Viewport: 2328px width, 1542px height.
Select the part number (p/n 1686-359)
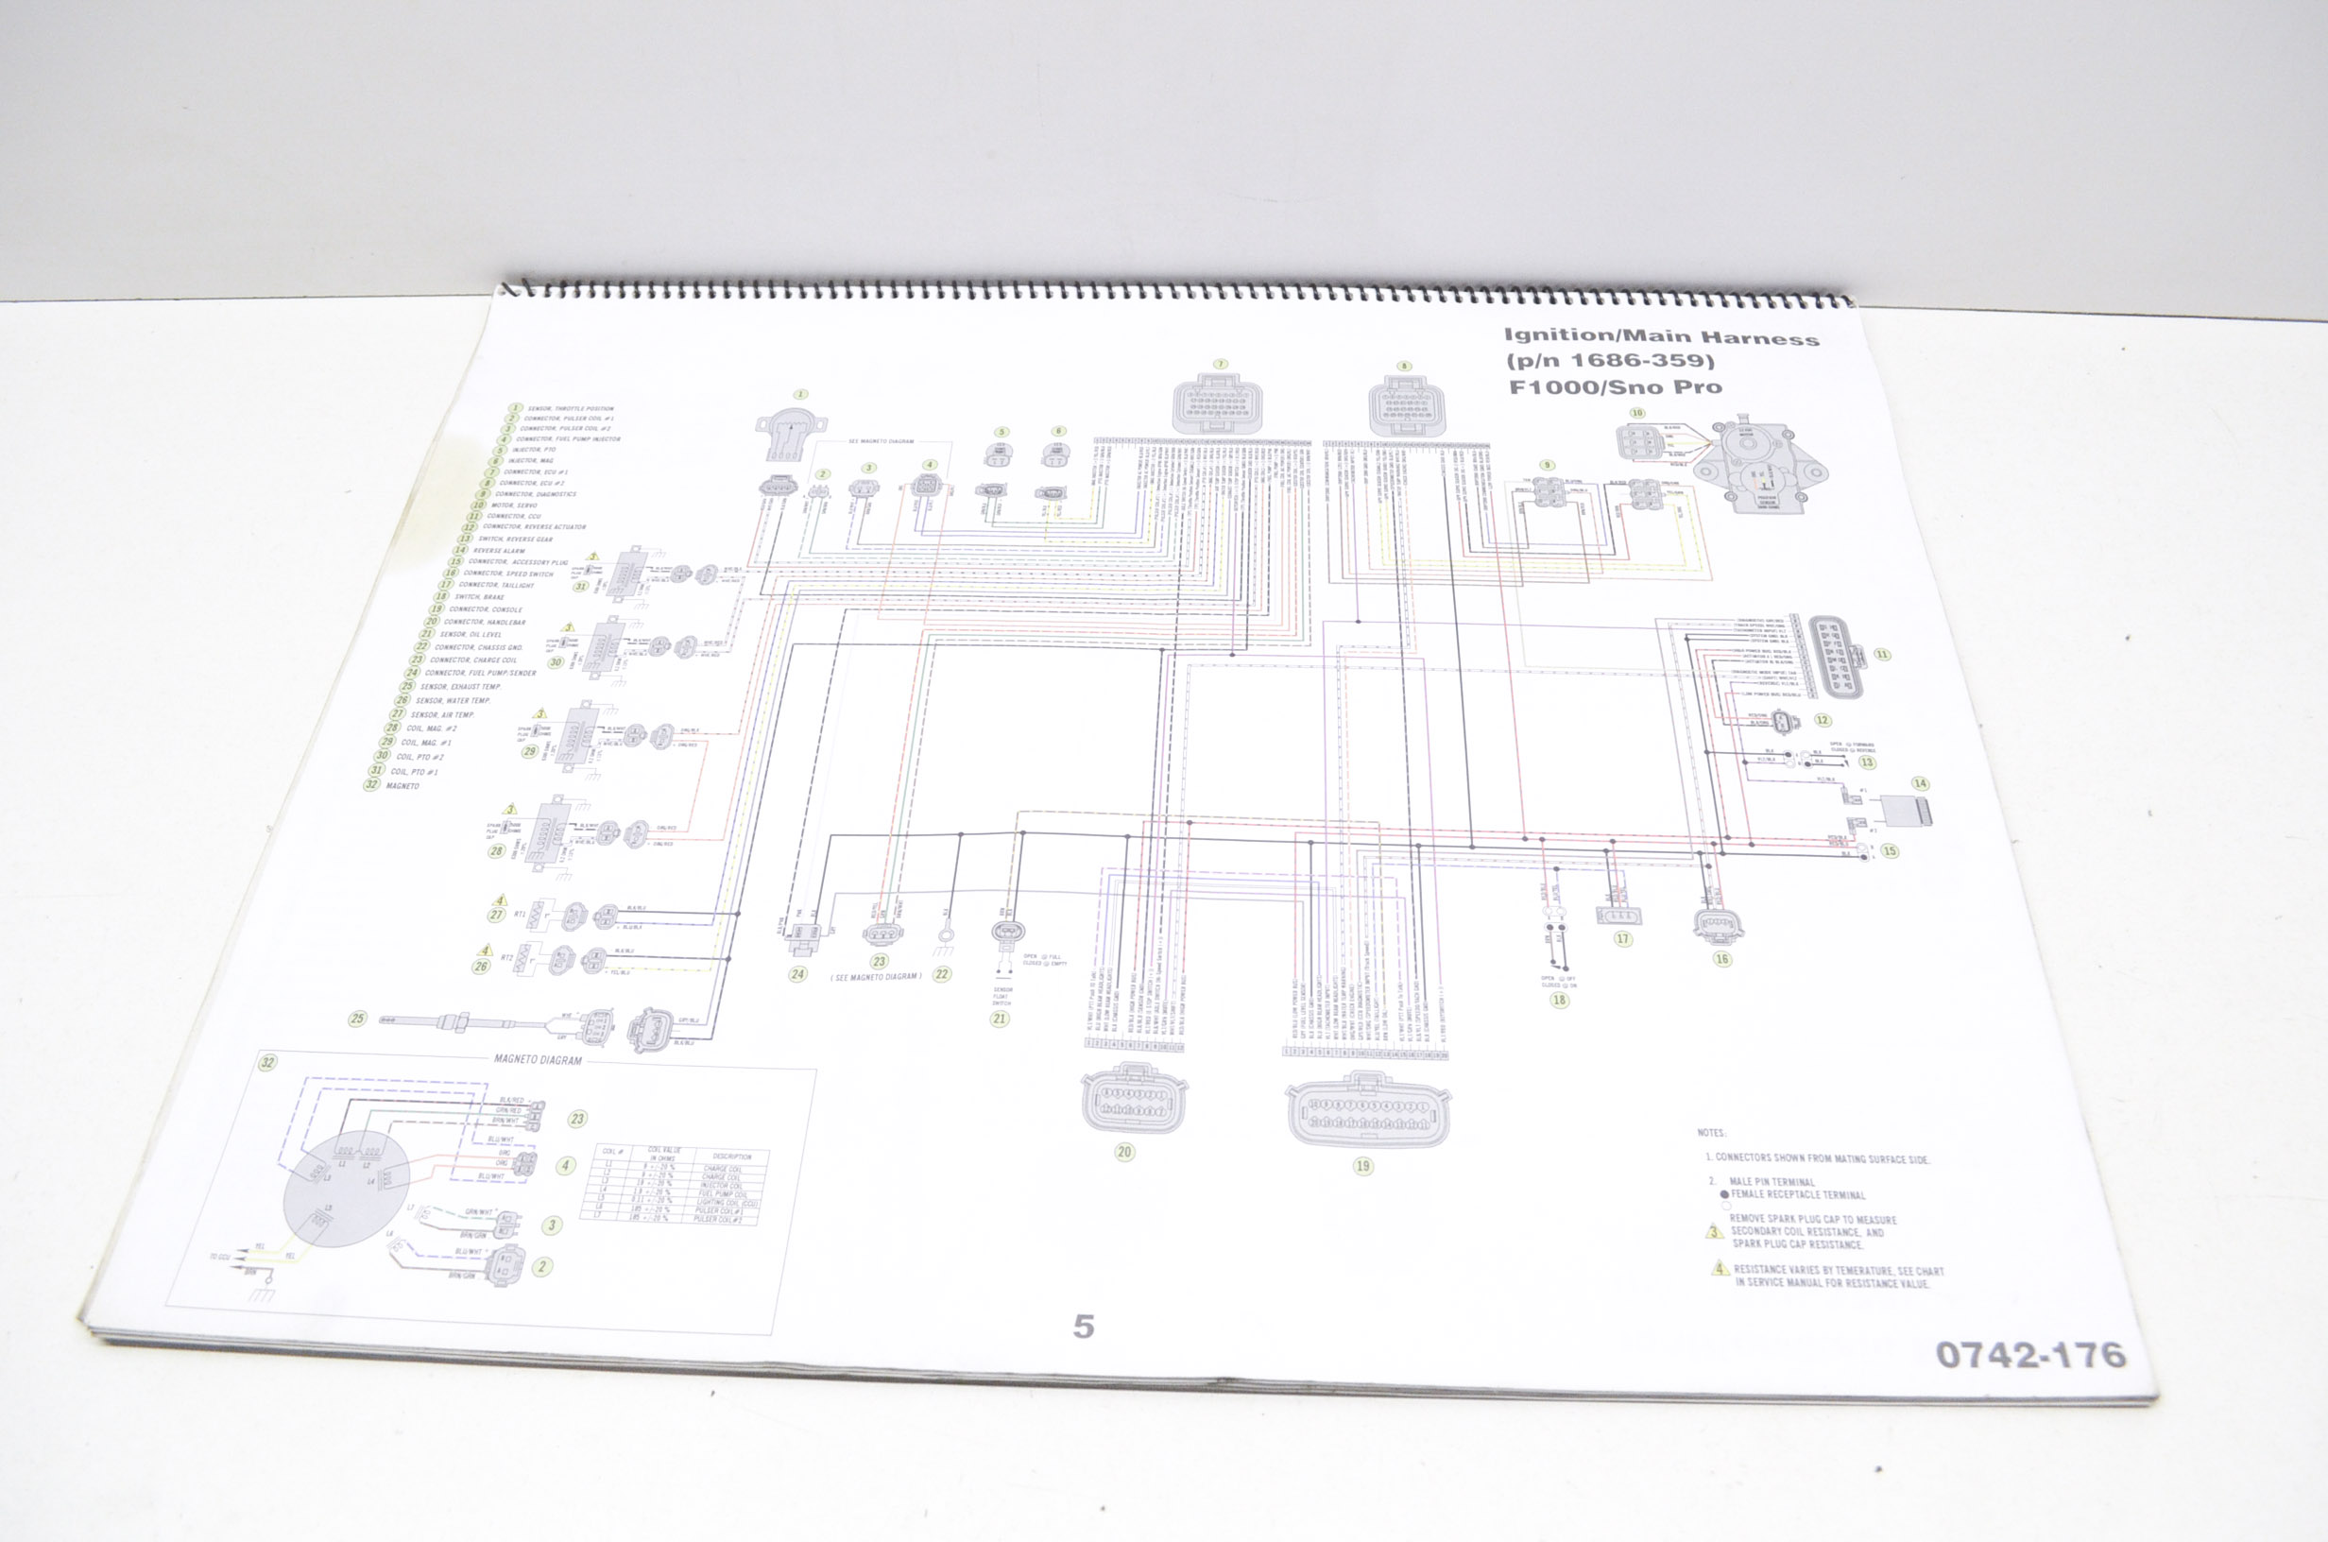pos(1610,361)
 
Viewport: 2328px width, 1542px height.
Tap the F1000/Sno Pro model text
pos(1616,386)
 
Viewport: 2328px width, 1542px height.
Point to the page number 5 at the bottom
pos(1083,1327)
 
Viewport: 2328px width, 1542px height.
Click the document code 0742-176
pos(2030,1355)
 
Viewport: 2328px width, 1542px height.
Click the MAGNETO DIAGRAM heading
pos(538,1060)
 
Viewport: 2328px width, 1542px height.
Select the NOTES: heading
pos(1711,1133)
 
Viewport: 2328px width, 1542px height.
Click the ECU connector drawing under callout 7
pos(1218,404)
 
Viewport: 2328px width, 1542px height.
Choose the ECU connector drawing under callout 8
pos(1406,405)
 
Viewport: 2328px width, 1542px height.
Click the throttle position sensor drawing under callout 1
pos(792,435)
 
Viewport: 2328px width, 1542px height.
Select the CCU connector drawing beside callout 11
pos(1837,654)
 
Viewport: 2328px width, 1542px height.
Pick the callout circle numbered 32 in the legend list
pos(371,785)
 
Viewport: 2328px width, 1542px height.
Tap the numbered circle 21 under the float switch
pos(1000,1019)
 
